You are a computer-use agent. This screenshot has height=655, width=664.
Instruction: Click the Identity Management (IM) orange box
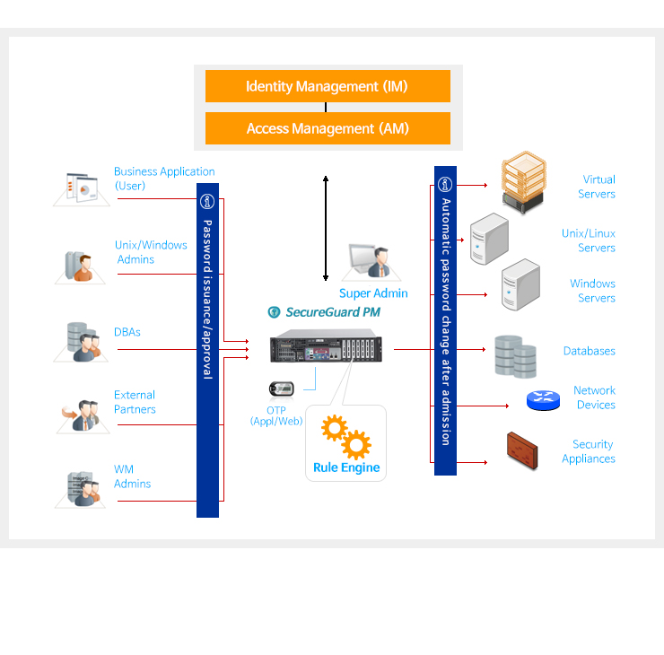point(328,87)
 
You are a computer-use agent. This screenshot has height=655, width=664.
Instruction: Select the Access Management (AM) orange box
point(328,128)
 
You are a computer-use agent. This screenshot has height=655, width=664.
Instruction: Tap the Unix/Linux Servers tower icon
point(490,239)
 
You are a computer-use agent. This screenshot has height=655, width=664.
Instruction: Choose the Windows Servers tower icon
point(520,284)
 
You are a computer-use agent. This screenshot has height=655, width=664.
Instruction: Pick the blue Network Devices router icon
point(542,400)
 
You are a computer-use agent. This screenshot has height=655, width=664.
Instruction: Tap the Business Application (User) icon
point(82,188)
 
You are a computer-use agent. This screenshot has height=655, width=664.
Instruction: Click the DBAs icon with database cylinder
point(83,342)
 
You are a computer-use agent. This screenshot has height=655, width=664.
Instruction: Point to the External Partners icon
point(83,415)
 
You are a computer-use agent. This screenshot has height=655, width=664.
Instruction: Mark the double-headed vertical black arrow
point(326,228)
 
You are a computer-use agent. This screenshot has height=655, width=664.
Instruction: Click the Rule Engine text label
point(346,467)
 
